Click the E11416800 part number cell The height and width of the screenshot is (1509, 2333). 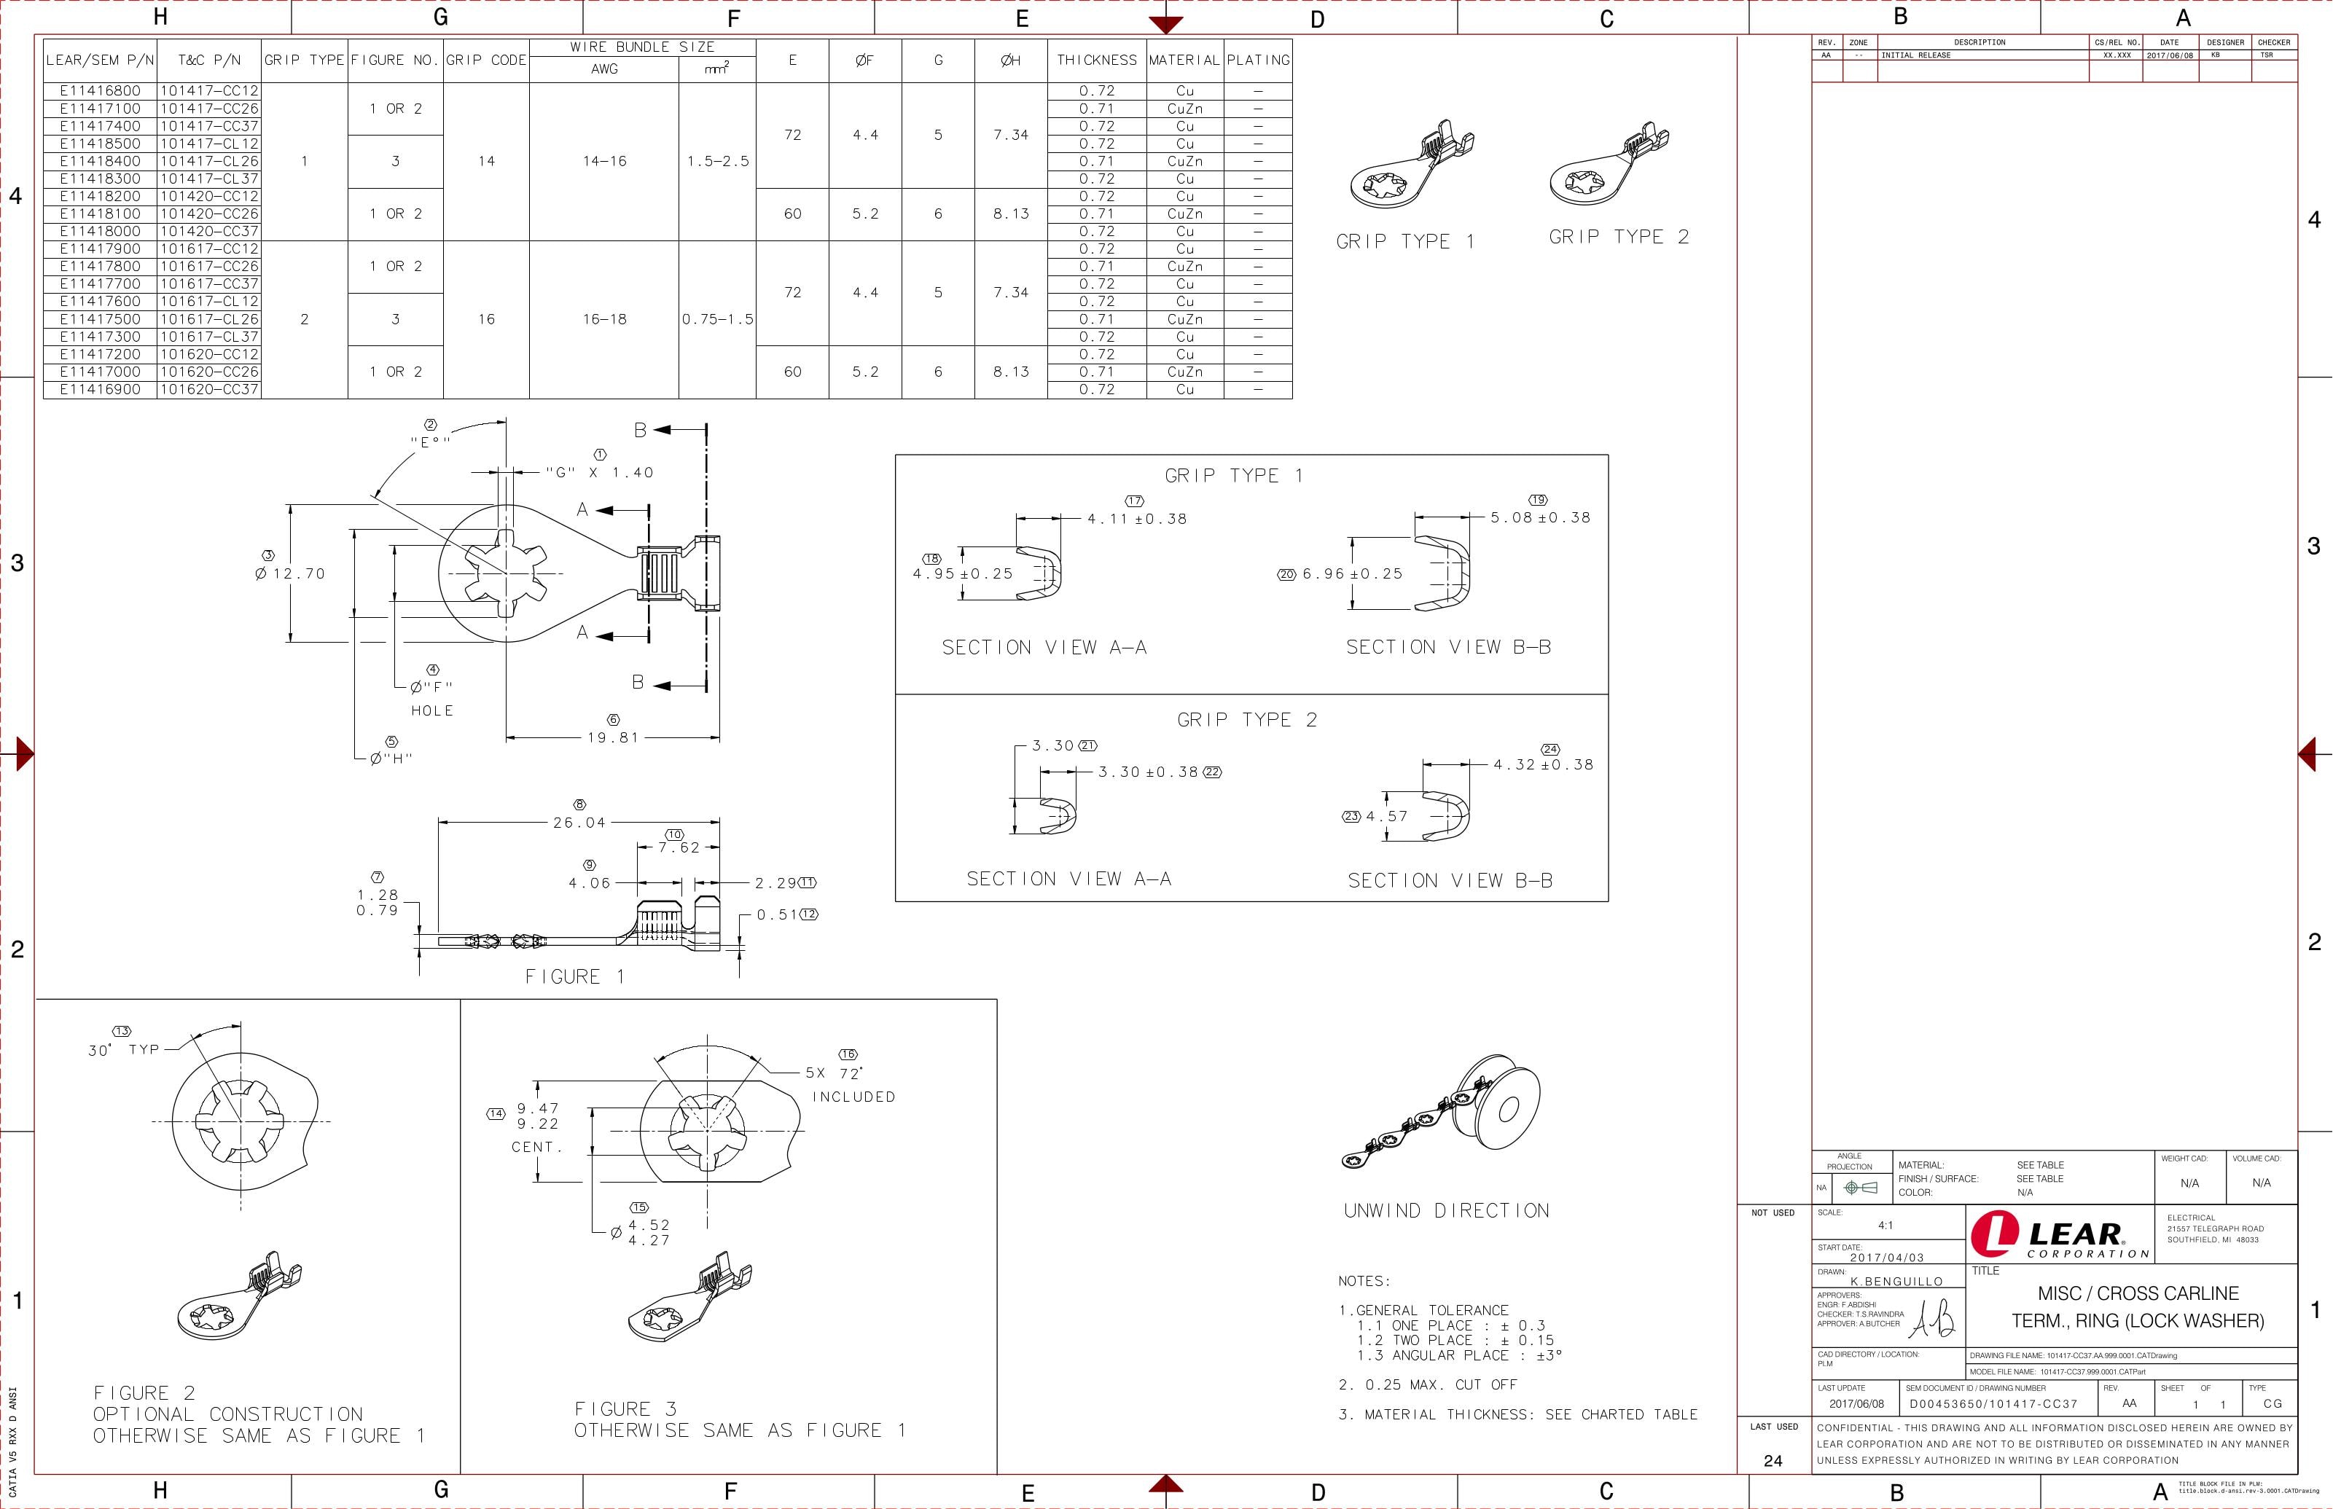pyautogui.click(x=100, y=91)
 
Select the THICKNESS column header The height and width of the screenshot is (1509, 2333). pyautogui.click(x=1096, y=60)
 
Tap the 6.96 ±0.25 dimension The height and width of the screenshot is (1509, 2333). pyautogui.click(x=1352, y=574)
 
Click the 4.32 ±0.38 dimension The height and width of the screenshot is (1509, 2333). pyautogui.click(x=1543, y=765)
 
